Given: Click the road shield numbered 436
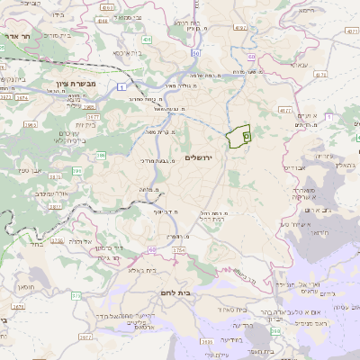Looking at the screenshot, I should pos(147,40).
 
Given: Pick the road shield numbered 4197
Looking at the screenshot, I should pos(240,29).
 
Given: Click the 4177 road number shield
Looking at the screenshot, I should pos(285,110).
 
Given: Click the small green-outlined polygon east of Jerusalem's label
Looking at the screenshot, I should pos(238,136).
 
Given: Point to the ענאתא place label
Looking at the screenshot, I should pos(300,65).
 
